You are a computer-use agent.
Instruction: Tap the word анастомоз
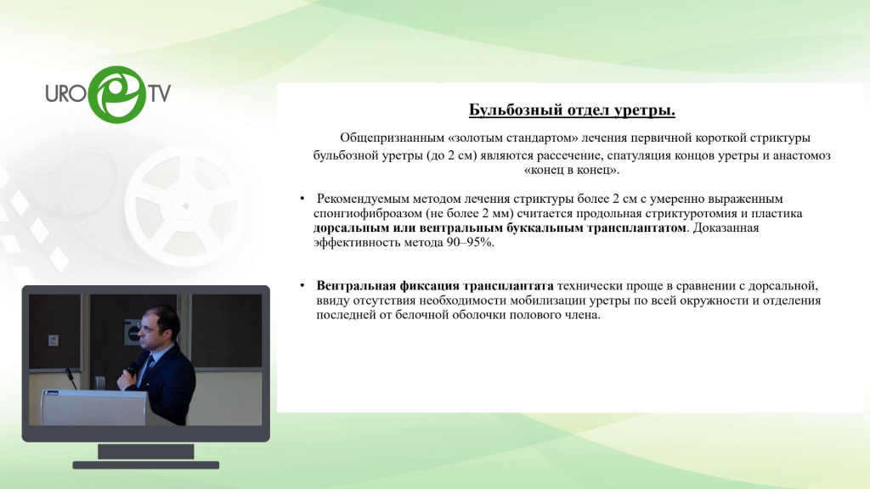pyautogui.click(x=802, y=155)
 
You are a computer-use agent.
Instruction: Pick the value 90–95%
pyautogui.click(x=470, y=242)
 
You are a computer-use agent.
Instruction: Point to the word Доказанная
pyautogui.click(x=726, y=228)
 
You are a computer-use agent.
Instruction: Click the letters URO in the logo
pyautogui.click(x=65, y=93)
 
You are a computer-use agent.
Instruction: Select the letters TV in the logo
pyautogui.click(x=159, y=93)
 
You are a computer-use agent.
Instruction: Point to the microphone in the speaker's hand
pyautogui.click(x=132, y=368)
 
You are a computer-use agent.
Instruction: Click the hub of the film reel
pyautogui.click(x=186, y=205)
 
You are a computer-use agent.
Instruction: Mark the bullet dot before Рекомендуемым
pyautogui.click(x=302, y=199)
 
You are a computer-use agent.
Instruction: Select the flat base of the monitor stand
pyautogui.click(x=146, y=465)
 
